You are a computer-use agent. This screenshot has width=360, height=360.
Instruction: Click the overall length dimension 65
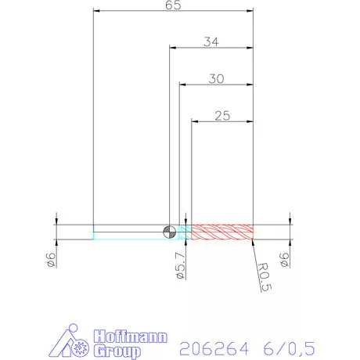point(174,5)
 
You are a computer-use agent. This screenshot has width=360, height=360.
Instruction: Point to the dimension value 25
point(222,115)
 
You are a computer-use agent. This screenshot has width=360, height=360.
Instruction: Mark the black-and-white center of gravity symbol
point(169,231)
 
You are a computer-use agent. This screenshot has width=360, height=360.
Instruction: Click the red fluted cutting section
point(224,231)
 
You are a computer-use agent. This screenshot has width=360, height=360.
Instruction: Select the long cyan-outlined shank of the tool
point(129,231)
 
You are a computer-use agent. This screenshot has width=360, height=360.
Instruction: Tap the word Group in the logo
point(113,351)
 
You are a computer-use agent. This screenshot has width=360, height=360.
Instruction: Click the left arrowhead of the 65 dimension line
point(96,11)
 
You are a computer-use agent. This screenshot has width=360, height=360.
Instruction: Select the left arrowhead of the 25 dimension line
point(196,122)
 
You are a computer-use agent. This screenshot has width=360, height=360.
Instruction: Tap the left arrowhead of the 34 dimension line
point(173,48)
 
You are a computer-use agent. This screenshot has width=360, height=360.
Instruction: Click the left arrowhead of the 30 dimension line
point(182,85)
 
